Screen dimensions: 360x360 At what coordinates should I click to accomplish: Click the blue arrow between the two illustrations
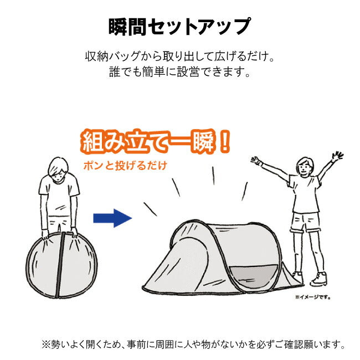pos(112,218)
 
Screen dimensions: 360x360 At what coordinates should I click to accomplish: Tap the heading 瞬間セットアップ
pos(179,27)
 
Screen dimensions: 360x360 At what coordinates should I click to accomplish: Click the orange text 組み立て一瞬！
pos(156,142)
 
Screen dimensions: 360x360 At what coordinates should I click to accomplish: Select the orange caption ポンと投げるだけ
pos(125,166)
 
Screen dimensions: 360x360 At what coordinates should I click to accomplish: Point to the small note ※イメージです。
pos(313,297)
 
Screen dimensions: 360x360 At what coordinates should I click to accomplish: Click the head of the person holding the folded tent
pos(58,170)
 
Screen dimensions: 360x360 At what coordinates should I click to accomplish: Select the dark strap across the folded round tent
pos(60,265)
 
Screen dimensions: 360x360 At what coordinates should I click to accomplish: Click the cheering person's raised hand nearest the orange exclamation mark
pos(256,161)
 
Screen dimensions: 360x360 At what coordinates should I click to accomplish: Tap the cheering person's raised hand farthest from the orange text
pos(337,156)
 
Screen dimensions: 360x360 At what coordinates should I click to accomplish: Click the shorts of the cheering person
pos(305,222)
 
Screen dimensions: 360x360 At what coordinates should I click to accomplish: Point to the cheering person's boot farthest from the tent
pos(318,279)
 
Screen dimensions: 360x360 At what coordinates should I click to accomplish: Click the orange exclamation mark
pos(224,141)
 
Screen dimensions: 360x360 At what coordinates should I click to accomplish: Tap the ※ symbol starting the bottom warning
pos(46,344)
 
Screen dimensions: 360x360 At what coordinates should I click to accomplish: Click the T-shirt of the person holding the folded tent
pos(59,195)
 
